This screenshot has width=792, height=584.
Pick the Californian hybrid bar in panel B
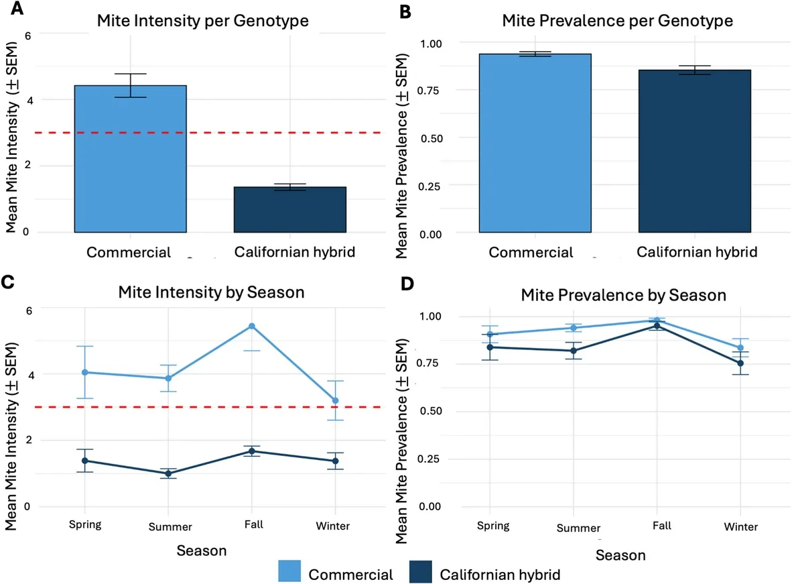(694, 152)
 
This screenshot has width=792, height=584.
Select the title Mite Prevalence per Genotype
(617, 21)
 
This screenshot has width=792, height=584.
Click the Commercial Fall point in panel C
(252, 327)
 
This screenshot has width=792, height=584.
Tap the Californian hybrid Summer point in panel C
(168, 473)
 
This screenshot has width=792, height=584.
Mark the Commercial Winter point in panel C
(335, 400)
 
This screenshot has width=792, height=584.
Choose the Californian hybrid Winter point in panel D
(740, 363)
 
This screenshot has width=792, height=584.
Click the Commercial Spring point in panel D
(490, 335)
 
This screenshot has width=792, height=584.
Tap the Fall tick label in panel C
(252, 525)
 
